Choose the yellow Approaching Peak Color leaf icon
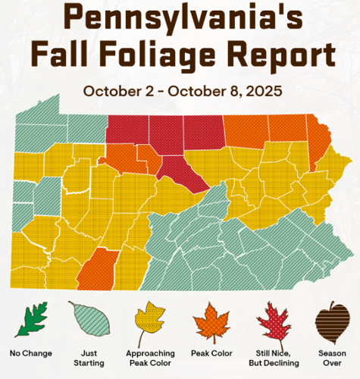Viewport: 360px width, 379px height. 149,321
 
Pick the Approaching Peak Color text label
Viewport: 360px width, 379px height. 149,358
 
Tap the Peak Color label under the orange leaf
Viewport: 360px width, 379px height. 211,353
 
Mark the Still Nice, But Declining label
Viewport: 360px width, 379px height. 272,358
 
